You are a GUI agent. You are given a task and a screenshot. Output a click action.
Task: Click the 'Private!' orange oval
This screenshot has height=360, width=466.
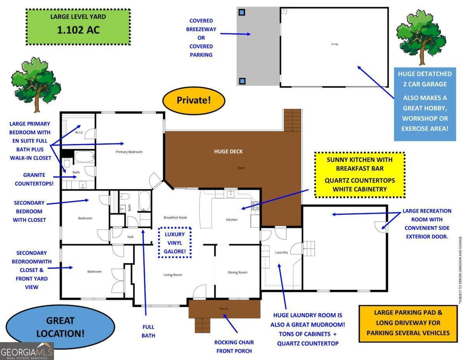point(194,100)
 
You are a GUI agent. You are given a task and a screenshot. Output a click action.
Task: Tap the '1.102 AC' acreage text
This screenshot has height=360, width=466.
point(78,30)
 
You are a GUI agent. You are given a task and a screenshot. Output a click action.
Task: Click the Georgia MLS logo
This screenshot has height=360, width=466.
point(27,351)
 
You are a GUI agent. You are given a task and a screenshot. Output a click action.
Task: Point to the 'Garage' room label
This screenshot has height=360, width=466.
point(334,44)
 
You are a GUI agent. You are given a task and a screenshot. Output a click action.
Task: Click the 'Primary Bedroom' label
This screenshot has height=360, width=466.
point(129,152)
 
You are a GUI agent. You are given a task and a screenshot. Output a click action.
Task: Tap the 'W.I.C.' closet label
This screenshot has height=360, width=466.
point(79,132)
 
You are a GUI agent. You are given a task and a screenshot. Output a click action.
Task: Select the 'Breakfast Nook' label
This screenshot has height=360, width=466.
point(175,217)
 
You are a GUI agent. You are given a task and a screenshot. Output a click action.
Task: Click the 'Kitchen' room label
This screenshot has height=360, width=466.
point(231,220)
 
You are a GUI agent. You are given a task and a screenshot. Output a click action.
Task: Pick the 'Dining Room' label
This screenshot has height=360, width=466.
point(237,272)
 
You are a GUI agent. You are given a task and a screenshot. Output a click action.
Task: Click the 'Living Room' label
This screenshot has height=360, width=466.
point(173,275)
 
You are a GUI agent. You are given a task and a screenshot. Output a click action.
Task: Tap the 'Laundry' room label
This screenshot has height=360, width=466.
point(282,252)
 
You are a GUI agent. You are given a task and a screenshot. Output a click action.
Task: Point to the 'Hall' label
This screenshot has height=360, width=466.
point(130,237)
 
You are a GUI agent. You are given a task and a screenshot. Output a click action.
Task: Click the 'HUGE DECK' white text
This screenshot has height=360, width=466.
point(228,151)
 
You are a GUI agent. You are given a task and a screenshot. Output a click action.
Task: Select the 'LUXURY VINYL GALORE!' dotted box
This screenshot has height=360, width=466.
point(175,243)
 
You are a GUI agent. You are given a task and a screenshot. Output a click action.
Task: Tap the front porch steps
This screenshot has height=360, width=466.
point(202,325)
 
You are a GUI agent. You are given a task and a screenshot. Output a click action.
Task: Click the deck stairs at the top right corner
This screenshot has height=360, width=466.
point(292,120)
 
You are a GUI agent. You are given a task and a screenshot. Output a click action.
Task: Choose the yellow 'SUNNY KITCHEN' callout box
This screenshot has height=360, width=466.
point(360,175)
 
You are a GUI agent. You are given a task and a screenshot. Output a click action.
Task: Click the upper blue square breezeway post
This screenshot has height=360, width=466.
point(242,12)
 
